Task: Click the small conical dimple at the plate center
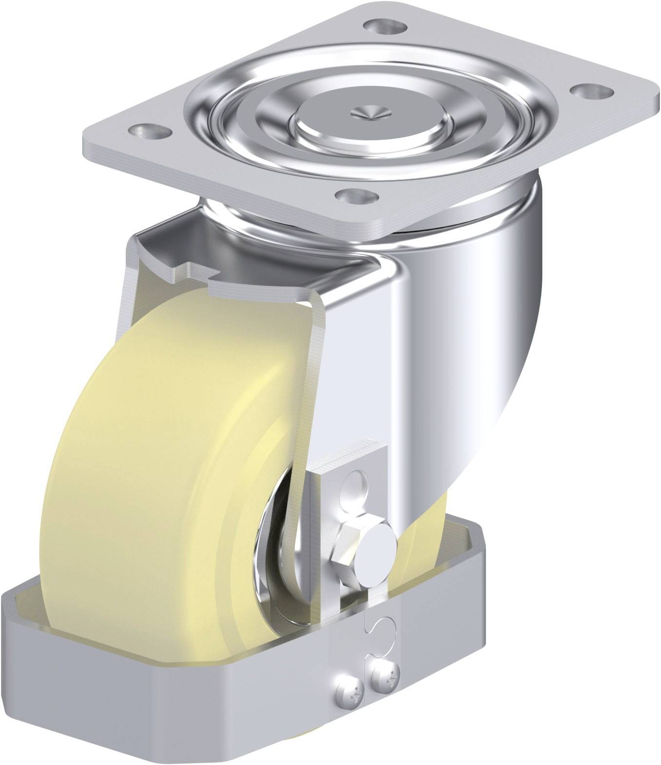[371, 112]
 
